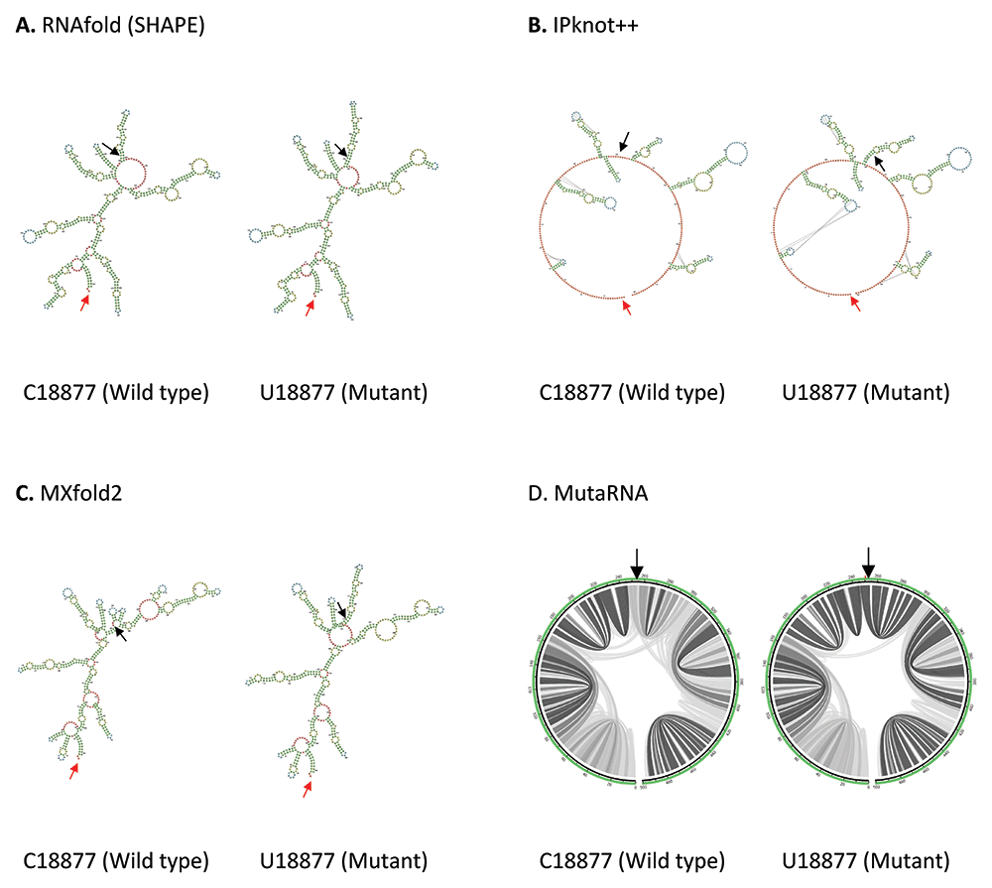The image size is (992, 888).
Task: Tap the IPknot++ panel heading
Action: (x=582, y=27)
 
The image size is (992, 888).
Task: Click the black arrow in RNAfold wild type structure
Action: (x=112, y=150)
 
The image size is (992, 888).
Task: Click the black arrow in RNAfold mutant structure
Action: (x=342, y=150)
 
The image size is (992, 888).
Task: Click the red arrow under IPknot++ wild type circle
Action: (x=626, y=309)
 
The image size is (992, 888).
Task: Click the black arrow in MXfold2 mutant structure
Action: (x=340, y=608)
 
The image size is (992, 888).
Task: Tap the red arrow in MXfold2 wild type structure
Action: (x=73, y=771)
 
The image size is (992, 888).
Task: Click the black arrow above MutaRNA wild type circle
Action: (x=637, y=561)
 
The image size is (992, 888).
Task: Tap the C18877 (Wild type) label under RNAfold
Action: (x=116, y=393)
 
